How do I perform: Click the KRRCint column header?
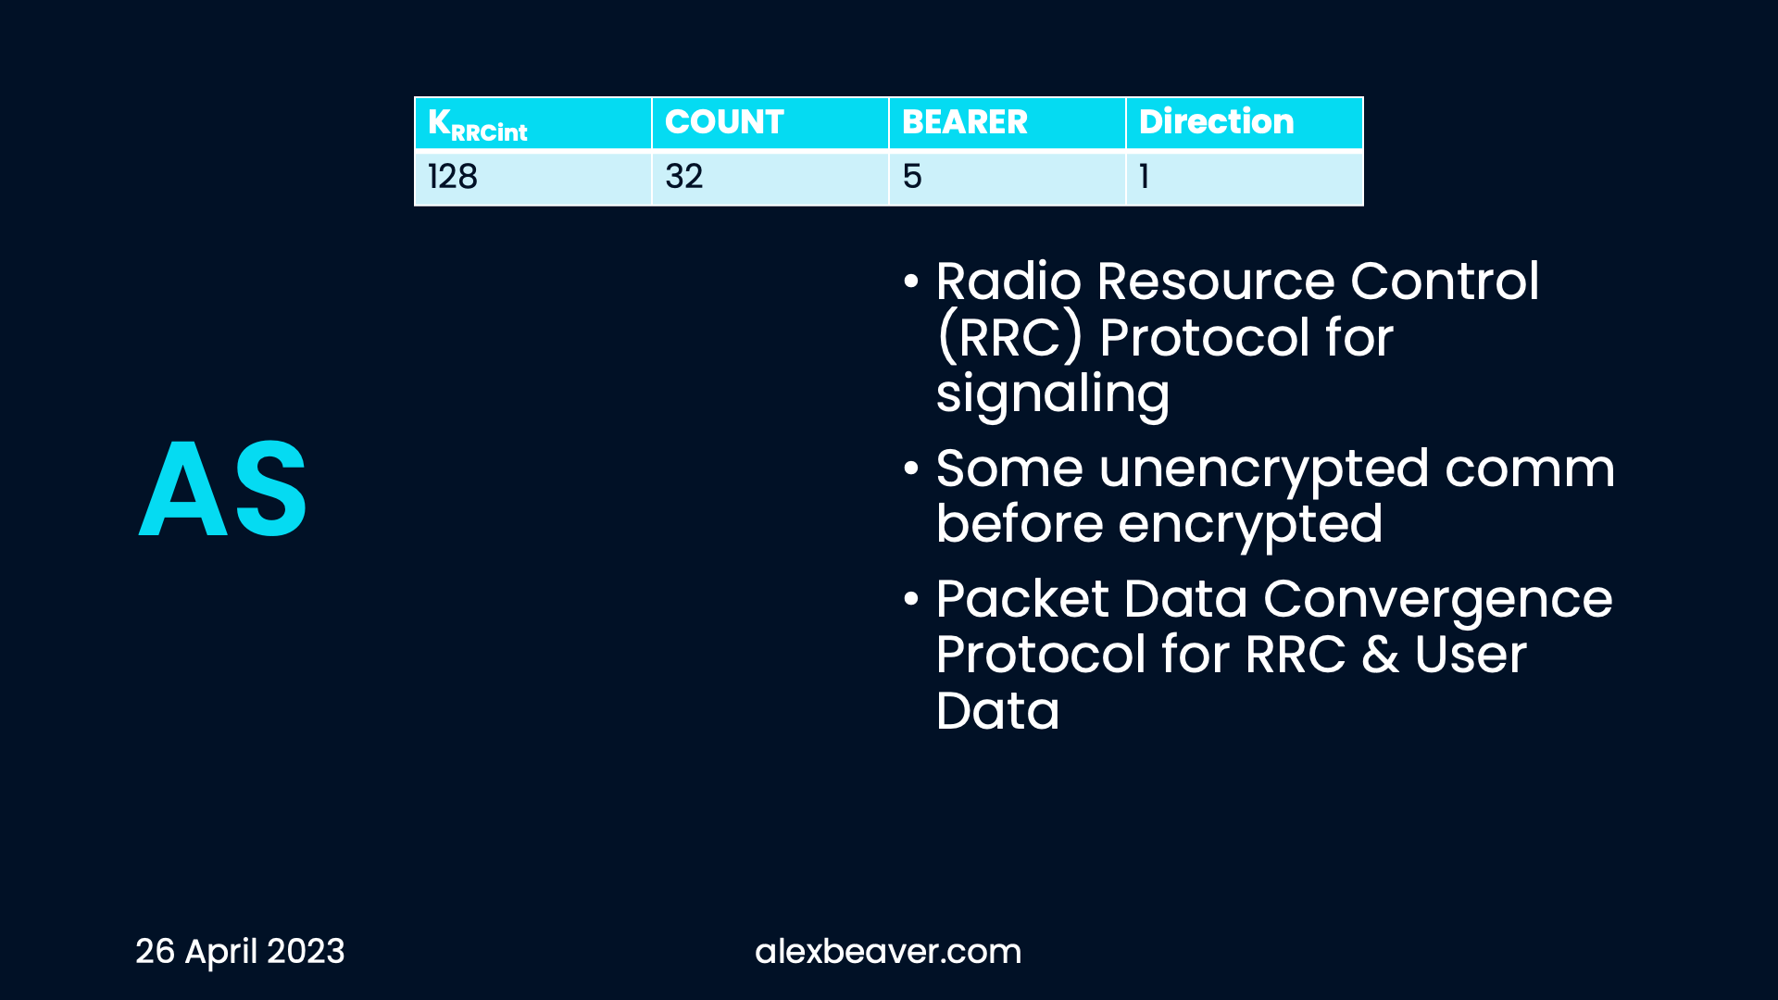[x=533, y=123]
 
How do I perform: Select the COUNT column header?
[x=770, y=123]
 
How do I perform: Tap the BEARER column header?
[x=1008, y=123]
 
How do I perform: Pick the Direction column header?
[x=1245, y=123]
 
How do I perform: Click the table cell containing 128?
[x=533, y=177]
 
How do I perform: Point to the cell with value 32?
[x=770, y=177]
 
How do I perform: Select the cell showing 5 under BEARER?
[x=1008, y=177]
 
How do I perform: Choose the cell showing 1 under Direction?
[x=1245, y=177]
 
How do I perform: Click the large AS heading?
[x=222, y=488]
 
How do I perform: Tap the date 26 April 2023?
[x=240, y=952]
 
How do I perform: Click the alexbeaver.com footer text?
[x=888, y=952]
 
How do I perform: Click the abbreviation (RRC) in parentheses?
[x=1009, y=337]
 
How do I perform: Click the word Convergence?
[x=1438, y=600]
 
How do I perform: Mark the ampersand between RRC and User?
[x=1380, y=655]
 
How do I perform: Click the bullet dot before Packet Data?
[x=911, y=600]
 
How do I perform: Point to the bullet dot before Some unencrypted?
[x=911, y=469]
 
